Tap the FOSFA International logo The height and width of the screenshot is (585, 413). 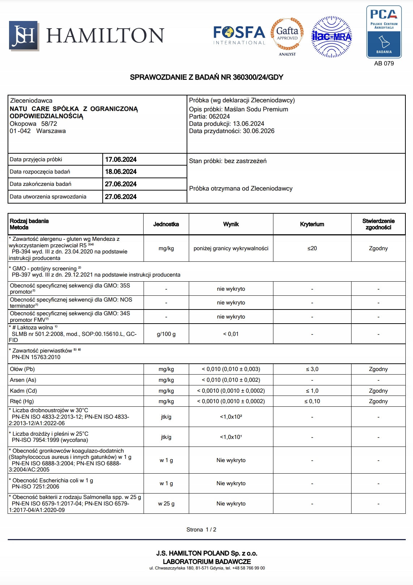239,35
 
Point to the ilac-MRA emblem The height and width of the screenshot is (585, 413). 331,37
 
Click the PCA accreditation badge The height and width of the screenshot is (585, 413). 384,32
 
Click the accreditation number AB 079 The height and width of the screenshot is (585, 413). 384,64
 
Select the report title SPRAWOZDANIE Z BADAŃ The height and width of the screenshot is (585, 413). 206,77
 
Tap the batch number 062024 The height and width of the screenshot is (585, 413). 219,116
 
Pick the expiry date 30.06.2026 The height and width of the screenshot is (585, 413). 259,131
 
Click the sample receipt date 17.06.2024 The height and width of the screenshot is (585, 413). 121,159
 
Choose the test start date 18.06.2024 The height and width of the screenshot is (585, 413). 121,172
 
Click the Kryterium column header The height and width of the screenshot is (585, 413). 312,224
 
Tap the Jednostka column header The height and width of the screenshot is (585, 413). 166,224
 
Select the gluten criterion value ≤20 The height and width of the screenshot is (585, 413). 312,248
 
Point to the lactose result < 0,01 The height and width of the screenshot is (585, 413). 231,334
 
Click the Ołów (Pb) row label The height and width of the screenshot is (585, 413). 22,369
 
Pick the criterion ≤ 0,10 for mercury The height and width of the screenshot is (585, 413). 312,401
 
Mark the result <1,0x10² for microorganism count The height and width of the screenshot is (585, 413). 231,417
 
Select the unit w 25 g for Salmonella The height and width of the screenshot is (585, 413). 166,504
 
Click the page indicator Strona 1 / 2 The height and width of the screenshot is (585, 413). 201,530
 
